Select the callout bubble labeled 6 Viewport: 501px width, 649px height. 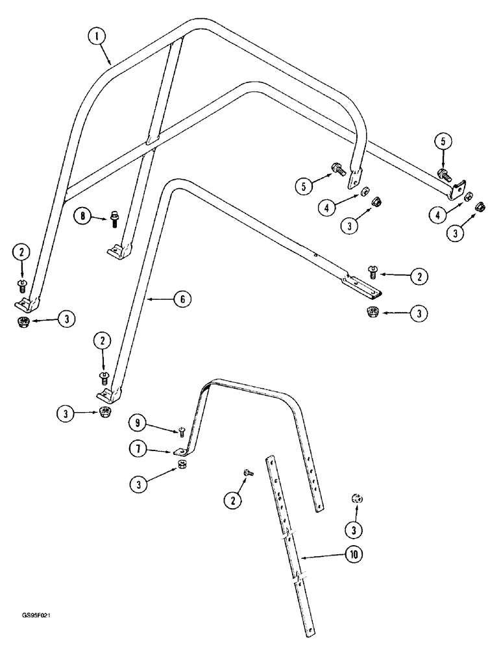click(183, 299)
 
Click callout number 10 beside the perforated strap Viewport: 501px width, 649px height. click(354, 555)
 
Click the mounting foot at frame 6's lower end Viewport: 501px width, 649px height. click(108, 395)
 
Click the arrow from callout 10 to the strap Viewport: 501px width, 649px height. click(323, 556)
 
